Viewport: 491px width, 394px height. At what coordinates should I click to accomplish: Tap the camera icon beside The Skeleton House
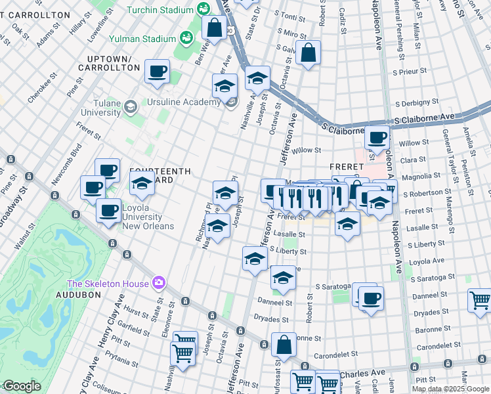click(x=158, y=283)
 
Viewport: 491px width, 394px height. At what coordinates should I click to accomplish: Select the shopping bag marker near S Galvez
click(x=308, y=53)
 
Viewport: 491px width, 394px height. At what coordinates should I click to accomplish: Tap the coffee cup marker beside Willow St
click(x=377, y=137)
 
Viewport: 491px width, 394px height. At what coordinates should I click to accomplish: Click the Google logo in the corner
click(x=21, y=386)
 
